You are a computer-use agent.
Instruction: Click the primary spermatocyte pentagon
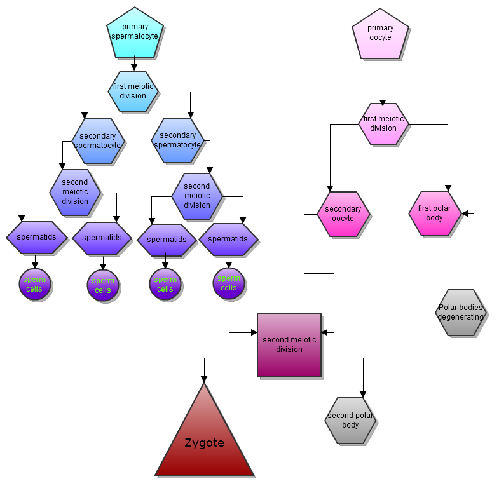pos(135,32)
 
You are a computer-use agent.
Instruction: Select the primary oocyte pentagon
pos(380,34)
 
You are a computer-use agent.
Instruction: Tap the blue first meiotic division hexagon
pos(133,91)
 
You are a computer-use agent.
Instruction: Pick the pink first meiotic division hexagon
pos(383,123)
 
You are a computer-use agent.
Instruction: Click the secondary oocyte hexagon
pos(343,214)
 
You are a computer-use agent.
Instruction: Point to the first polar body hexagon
pos(435,213)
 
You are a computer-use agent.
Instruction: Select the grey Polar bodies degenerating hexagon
pos(461,312)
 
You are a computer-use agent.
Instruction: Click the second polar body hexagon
pos(351,421)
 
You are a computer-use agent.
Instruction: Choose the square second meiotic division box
pos(289,345)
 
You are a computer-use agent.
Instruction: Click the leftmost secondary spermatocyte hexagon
pos(98,140)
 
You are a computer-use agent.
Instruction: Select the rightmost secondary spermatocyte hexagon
pos(178,140)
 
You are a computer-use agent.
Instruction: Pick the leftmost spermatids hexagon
pos(36,238)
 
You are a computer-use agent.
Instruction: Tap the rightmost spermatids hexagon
pos(228,239)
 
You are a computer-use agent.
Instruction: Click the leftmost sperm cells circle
pos(34,285)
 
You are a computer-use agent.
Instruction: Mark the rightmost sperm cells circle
pos(229,283)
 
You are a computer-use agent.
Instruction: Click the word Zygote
pos(205,443)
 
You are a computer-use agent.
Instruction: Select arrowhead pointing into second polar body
pos(363,394)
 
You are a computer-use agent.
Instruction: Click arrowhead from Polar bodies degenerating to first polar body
pos(465,213)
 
